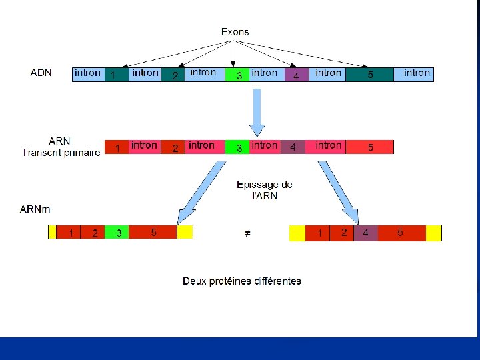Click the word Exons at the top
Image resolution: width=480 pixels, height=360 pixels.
[x=235, y=31]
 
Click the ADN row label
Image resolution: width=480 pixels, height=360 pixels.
[x=41, y=72]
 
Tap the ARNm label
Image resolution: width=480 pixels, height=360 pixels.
[x=35, y=209]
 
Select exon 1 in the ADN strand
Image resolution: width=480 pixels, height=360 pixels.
[x=114, y=74]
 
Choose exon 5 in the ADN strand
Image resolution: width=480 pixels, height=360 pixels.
[x=370, y=74]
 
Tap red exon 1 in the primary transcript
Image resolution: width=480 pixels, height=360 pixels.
[x=117, y=147]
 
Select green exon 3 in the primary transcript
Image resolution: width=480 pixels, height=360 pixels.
[x=239, y=147]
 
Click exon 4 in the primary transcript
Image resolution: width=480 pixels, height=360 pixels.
[x=293, y=147]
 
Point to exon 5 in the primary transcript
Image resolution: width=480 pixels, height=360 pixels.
[x=370, y=147]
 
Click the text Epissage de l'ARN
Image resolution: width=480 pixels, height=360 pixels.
[x=264, y=190]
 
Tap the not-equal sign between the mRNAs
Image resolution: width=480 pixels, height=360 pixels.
[x=246, y=233]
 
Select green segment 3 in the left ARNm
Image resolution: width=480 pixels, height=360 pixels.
[x=117, y=233]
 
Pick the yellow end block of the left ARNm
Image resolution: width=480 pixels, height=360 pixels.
[x=185, y=233]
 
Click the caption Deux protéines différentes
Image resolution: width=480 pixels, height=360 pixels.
[x=242, y=281]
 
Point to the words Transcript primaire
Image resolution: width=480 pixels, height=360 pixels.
[x=61, y=153]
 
